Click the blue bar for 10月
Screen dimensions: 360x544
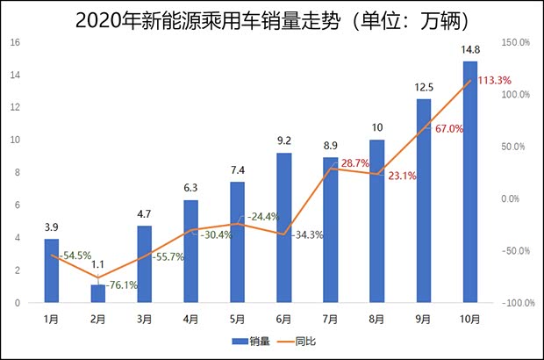(469, 182)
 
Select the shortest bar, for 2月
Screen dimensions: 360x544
(97, 293)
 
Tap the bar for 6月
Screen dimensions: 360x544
(283, 227)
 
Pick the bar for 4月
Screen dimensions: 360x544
(190, 251)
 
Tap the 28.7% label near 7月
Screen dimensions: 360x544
(355, 163)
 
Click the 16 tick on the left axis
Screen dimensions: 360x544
(16, 42)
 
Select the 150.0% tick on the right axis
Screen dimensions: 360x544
(517, 42)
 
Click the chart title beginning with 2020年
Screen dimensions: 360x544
(272, 18)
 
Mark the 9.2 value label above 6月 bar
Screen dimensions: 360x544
(283, 142)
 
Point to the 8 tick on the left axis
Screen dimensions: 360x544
(18, 173)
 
